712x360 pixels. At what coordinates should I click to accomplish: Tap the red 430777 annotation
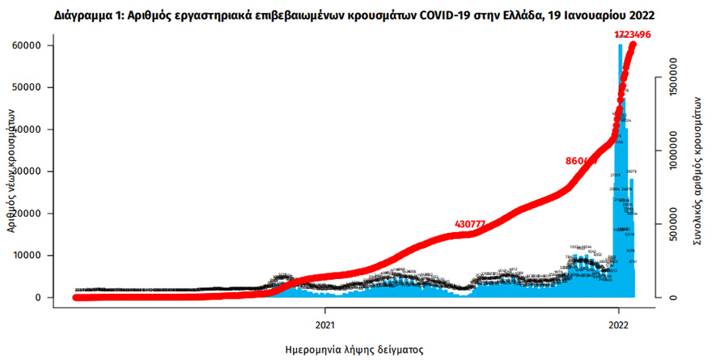474,223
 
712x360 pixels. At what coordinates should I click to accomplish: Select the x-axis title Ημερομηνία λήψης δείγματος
355,349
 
